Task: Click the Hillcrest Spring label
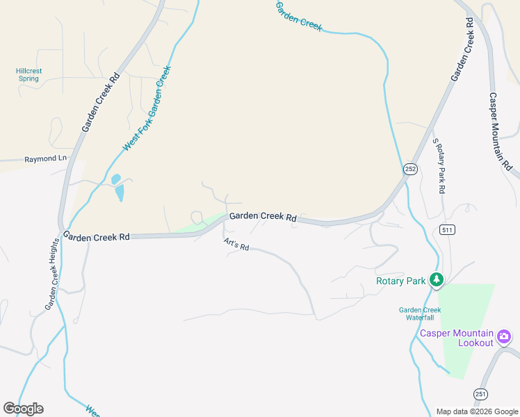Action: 29,74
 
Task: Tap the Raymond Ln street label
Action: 45,159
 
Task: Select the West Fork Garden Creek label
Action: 147,108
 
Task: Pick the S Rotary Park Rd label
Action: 439,165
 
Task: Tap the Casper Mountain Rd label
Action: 500,132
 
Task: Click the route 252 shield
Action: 411,169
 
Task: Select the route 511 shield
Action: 447,230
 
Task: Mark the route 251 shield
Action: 480,394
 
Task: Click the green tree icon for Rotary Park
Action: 437,280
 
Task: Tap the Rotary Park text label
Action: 400,281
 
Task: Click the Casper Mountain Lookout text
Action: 457,338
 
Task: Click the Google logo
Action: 23,409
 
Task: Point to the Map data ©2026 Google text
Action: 478,411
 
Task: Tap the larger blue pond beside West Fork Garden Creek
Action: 120,191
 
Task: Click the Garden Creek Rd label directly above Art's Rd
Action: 263,217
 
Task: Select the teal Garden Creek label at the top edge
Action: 299,15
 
